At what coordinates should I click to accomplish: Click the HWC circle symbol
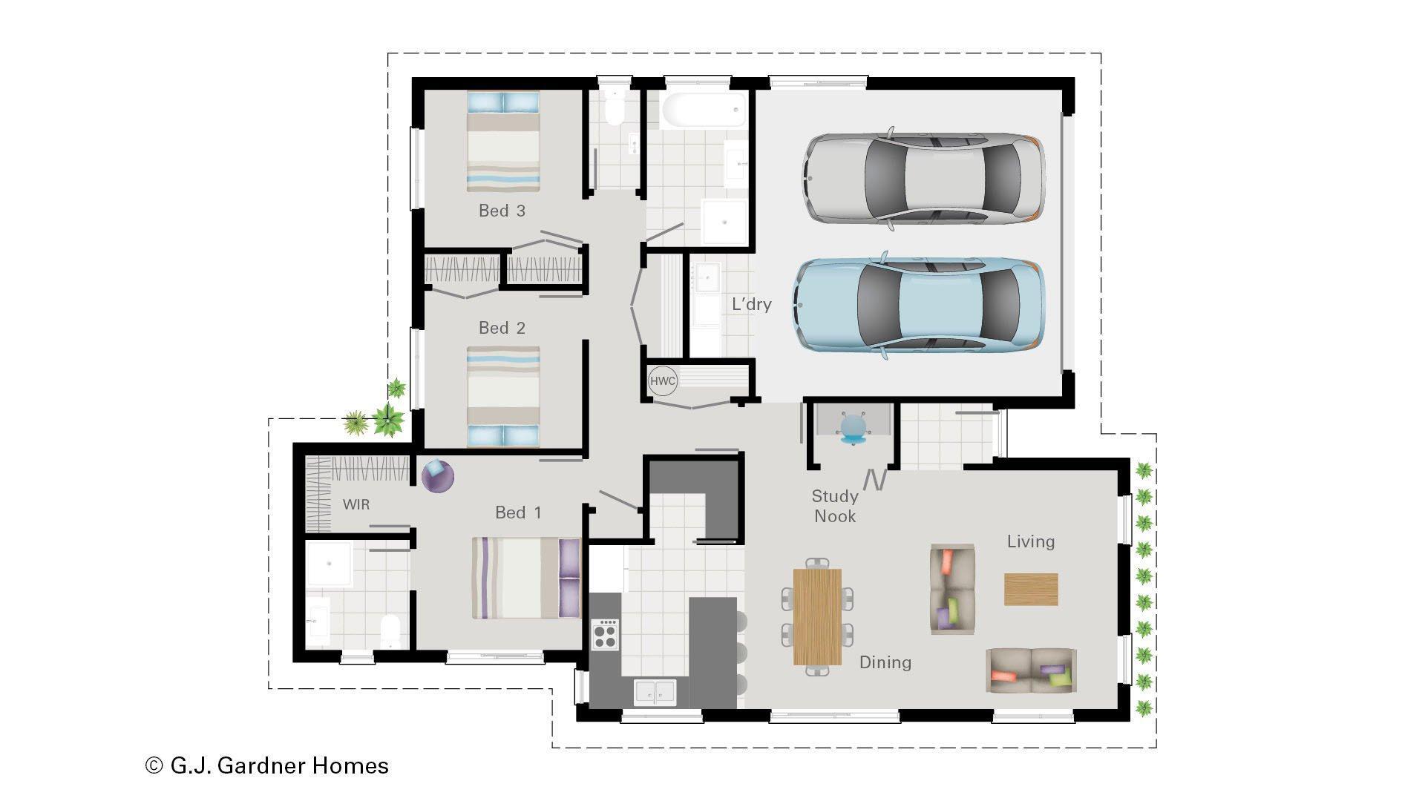coord(662,381)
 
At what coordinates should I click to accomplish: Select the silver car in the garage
coord(924,178)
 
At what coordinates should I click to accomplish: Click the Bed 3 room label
coord(502,211)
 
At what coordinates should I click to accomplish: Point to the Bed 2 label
coord(502,328)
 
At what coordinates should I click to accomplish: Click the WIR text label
coord(356,504)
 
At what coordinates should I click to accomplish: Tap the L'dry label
coord(751,304)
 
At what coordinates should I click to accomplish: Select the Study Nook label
coord(835,506)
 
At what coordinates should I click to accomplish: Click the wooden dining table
coord(817,617)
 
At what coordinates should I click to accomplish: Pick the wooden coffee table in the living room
coord(1031,589)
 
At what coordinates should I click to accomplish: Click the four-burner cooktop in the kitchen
coord(605,635)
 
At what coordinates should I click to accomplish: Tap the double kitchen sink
coord(655,692)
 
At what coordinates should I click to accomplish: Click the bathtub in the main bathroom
coord(703,111)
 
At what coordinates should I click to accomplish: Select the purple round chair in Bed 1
coord(437,475)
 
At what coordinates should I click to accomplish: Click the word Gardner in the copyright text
coord(272,765)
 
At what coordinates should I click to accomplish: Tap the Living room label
coord(1030,541)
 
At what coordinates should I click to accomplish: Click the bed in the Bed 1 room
coord(525,577)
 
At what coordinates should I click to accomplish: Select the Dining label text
coord(885,662)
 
